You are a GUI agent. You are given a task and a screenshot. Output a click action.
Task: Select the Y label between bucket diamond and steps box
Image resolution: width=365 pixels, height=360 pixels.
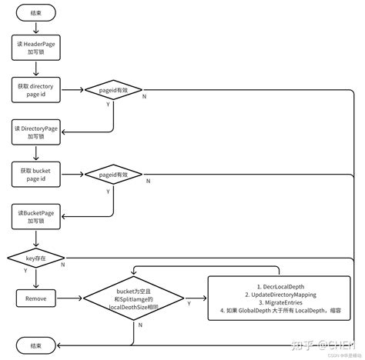coord(190,304)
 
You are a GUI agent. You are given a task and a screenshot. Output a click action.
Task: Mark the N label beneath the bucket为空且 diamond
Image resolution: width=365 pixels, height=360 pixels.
coord(139,326)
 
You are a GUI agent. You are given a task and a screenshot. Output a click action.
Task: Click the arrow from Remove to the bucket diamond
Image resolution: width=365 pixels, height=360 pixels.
coord(70,298)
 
